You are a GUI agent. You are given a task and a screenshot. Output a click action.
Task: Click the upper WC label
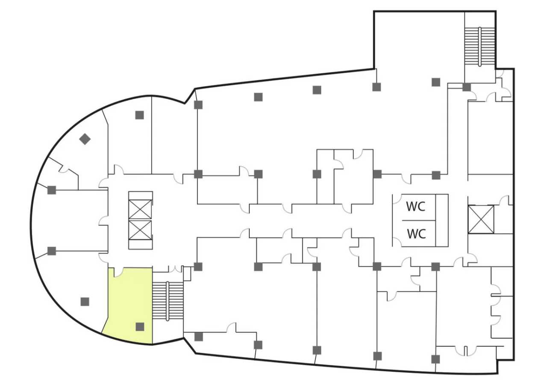(x=415, y=207)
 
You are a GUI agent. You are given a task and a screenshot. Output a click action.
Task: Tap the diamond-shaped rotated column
(x=85, y=139)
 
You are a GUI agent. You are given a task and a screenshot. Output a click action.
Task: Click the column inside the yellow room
(x=140, y=327)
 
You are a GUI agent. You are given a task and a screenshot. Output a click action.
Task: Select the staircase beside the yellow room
(x=168, y=301)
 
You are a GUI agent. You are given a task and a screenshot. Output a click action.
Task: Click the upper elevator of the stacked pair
(x=140, y=209)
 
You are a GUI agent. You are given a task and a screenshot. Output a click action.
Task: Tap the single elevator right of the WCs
(x=481, y=219)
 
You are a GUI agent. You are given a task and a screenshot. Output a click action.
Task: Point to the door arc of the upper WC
(x=397, y=198)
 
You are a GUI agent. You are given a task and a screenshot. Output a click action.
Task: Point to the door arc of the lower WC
(x=397, y=242)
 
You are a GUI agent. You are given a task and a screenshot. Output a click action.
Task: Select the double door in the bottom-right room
(x=465, y=351)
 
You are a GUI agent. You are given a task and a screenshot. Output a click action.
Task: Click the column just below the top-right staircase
(x=466, y=87)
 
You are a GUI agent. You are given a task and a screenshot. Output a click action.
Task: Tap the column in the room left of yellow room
(x=85, y=302)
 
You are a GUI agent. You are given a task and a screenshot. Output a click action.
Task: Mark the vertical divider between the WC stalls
(x=435, y=220)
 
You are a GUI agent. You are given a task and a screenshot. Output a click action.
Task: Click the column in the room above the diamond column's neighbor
(x=139, y=115)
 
